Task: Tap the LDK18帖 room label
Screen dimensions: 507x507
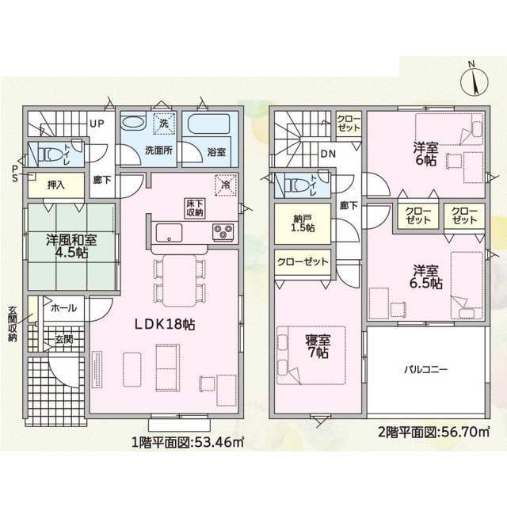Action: (165, 324)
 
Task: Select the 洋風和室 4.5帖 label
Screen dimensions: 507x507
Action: (71, 246)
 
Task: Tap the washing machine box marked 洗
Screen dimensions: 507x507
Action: (164, 124)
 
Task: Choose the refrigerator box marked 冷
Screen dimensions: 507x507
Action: (226, 185)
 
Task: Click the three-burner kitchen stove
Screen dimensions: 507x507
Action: (223, 231)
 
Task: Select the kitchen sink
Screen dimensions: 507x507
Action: (169, 232)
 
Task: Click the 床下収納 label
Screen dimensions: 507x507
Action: (196, 208)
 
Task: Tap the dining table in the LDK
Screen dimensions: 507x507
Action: (180, 280)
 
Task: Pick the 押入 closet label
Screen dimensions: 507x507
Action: (56, 185)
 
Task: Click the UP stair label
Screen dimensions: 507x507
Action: (97, 124)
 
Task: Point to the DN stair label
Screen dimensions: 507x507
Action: (328, 154)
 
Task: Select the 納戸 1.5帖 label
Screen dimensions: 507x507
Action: (303, 223)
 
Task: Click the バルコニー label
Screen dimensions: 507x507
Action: (426, 369)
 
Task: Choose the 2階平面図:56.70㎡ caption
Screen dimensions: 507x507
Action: (434, 432)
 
